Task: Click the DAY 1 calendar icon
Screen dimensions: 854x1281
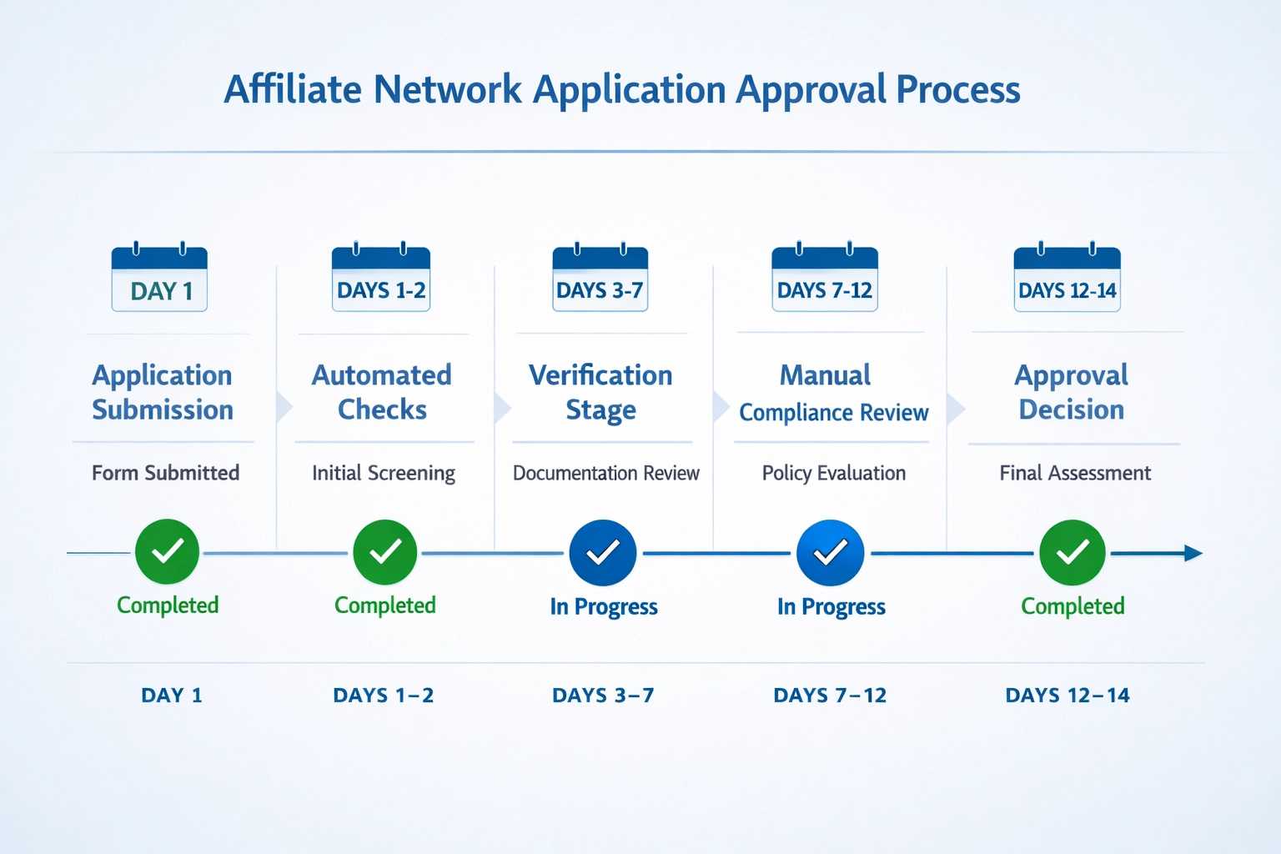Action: (x=159, y=279)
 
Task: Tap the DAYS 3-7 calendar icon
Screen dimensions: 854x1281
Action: (x=600, y=279)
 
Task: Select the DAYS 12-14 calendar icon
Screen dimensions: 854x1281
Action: (x=1067, y=279)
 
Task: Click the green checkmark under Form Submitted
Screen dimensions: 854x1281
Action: (x=168, y=551)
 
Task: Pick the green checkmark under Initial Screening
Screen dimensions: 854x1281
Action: (x=385, y=551)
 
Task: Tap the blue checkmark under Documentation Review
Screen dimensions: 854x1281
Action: (x=603, y=552)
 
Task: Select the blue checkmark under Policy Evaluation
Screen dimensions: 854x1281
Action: (x=831, y=552)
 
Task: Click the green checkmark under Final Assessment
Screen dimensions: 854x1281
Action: (x=1073, y=552)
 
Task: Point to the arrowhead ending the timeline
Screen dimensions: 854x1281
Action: (x=1193, y=553)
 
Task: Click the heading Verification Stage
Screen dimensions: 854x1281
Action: (x=600, y=392)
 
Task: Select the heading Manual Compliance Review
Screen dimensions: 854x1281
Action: (x=833, y=393)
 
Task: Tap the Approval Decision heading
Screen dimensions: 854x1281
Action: (x=1072, y=392)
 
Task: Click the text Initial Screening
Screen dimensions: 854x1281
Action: (x=384, y=473)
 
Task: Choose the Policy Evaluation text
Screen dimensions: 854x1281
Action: (x=833, y=473)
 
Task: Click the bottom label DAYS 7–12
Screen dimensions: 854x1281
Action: (x=830, y=696)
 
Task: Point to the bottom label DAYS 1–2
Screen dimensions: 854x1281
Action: (x=384, y=696)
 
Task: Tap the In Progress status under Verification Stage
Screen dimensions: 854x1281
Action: (x=604, y=606)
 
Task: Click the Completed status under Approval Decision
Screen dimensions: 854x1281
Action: (x=1073, y=606)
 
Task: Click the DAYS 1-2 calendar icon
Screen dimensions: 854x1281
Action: (x=381, y=279)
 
